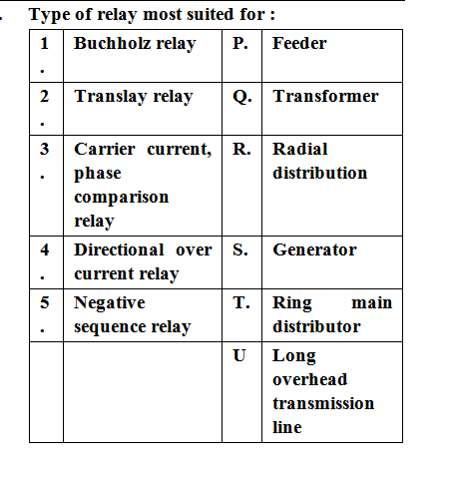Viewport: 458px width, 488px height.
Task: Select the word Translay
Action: (111, 97)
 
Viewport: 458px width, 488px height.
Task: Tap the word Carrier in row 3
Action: (105, 149)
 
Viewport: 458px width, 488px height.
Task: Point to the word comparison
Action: (122, 198)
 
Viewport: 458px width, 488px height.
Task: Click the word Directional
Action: (119, 249)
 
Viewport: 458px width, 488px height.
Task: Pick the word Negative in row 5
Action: (110, 303)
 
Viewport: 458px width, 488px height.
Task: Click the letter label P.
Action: (240, 43)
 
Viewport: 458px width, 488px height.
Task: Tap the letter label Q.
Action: (242, 97)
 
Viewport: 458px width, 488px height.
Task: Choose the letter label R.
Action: (241, 149)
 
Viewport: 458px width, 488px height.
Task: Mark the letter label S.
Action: (240, 249)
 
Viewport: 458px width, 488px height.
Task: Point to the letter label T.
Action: (241, 302)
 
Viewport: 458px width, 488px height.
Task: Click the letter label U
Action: (239, 355)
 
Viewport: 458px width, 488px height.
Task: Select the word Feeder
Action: (299, 43)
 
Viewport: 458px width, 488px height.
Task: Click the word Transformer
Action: (325, 96)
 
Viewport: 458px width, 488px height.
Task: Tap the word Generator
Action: (314, 249)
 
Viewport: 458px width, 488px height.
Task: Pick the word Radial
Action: (300, 149)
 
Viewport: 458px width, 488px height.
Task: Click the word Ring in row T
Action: (292, 303)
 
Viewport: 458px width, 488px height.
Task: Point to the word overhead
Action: (310, 379)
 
